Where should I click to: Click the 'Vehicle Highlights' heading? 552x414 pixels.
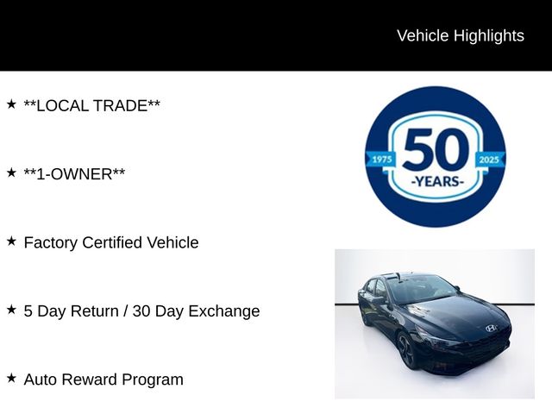(x=460, y=35)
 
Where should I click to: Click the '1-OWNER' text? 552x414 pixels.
(x=74, y=174)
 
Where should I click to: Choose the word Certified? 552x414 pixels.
(x=116, y=242)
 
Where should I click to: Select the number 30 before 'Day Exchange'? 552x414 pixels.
(x=142, y=311)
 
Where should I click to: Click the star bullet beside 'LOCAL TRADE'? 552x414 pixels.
(x=11, y=103)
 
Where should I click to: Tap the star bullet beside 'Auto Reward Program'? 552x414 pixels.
(x=11, y=378)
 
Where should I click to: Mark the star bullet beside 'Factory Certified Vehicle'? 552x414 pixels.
(x=11, y=241)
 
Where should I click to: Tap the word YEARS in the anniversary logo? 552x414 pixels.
(x=436, y=182)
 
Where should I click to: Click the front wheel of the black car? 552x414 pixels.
(x=407, y=352)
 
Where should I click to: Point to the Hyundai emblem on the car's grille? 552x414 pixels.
(x=492, y=329)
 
